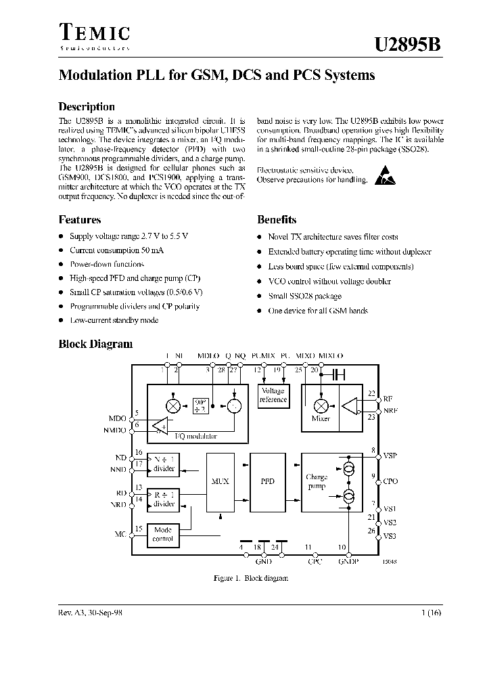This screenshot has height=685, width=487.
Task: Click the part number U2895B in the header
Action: click(408, 45)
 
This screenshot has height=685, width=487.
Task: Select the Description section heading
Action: click(87, 107)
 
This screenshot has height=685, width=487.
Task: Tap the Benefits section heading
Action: click(277, 219)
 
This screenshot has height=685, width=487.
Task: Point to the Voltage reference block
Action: click(273, 395)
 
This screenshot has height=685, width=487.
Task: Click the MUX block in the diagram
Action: click(221, 481)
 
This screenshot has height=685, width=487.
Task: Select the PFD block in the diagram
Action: click(268, 481)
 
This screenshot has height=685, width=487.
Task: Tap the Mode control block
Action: click(163, 535)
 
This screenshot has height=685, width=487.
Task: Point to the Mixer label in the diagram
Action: click(321, 419)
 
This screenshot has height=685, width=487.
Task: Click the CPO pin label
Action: click(390, 481)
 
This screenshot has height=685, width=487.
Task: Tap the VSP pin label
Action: click(390, 456)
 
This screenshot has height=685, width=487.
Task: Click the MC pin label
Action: click(120, 534)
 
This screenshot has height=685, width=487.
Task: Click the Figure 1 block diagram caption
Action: click(250, 578)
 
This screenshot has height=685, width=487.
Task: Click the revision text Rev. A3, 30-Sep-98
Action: click(91, 611)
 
